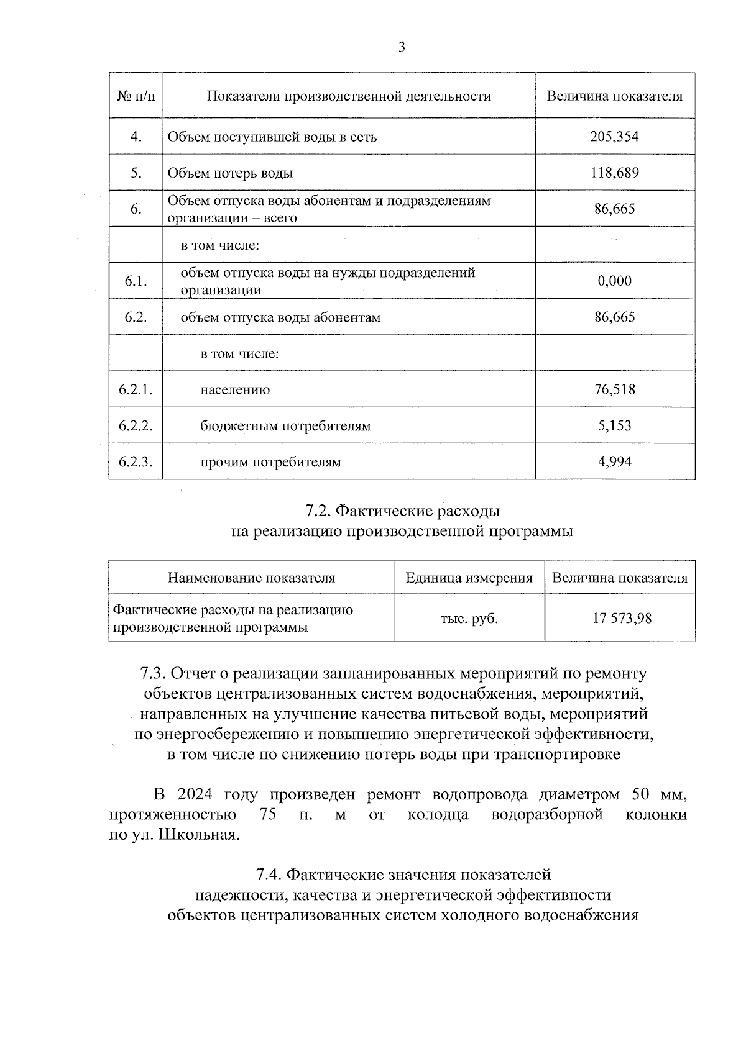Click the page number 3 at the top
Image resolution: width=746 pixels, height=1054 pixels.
click(x=402, y=47)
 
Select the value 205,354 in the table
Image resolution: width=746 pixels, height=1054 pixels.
click(x=614, y=137)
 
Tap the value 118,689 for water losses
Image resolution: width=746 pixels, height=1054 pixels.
click(x=614, y=173)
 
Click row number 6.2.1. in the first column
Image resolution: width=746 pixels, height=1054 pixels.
click(x=136, y=390)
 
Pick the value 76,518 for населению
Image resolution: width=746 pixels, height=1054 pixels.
click(x=614, y=389)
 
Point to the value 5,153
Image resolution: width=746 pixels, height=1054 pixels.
click(x=614, y=425)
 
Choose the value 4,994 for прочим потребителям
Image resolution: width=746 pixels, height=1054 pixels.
click(x=614, y=461)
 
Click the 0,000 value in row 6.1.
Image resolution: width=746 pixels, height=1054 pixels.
click(x=614, y=281)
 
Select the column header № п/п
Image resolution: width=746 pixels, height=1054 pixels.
click(x=136, y=96)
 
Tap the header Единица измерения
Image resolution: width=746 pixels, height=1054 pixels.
click(x=469, y=578)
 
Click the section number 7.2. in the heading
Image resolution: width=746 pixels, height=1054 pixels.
click(x=318, y=511)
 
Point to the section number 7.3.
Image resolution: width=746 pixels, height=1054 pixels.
click(x=153, y=673)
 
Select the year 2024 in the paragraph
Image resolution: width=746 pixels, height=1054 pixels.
click(x=195, y=794)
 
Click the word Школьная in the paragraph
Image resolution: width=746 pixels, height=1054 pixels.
click(x=199, y=834)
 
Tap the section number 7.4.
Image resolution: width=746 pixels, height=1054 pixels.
click(x=269, y=875)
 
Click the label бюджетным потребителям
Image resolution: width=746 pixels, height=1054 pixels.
click(x=285, y=426)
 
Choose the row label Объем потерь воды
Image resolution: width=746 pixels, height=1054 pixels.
click(x=230, y=173)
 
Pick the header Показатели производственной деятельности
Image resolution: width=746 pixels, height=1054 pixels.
click(x=349, y=96)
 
